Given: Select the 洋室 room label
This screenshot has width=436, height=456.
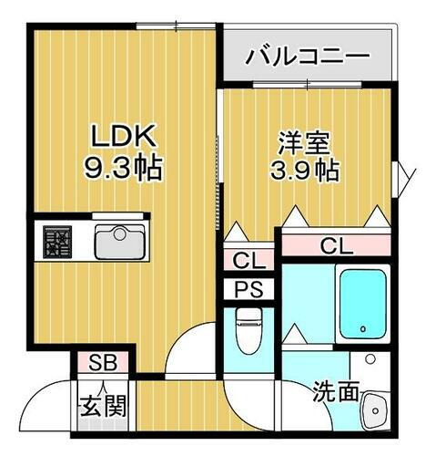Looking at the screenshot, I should pos(304,143).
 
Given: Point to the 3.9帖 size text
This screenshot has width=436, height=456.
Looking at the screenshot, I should pos(306,171).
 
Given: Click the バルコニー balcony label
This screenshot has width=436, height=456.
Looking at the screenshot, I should pos(309,56).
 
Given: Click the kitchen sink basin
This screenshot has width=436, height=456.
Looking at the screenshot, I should pos(118,244).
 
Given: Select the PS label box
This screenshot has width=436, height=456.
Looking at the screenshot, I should pos(248,291).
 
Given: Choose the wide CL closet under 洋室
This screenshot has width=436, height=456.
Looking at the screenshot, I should pos(335,246).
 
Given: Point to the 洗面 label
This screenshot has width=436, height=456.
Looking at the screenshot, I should pos(335,393).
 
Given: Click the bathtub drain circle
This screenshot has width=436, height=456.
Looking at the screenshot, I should pos(362,327).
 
